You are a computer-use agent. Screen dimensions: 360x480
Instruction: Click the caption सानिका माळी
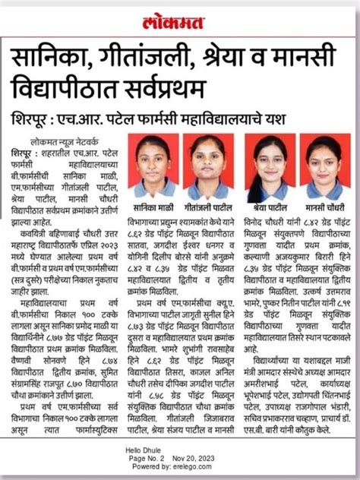click(x=153, y=204)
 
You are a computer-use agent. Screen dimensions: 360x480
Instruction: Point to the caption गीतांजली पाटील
click(x=207, y=204)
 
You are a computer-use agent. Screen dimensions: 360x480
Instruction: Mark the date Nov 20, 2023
click(x=193, y=459)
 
